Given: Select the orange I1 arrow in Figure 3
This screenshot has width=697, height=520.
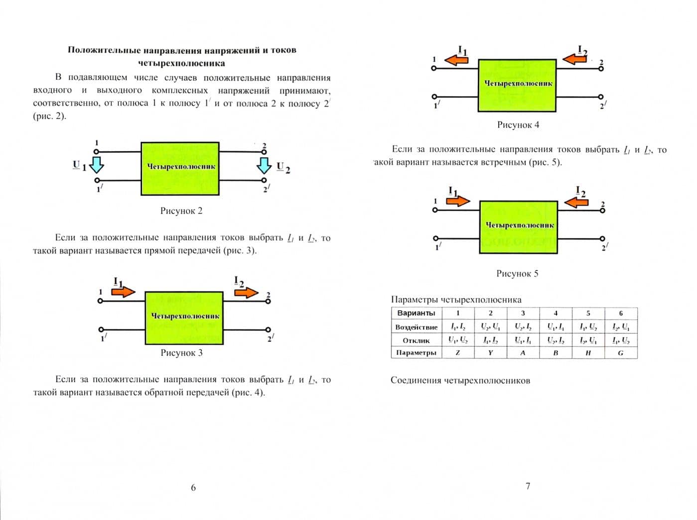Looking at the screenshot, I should tap(123, 291).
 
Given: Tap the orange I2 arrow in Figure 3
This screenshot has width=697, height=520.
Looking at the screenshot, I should tap(246, 292).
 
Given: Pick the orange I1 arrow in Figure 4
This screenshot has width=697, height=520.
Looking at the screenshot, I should tap(456, 60).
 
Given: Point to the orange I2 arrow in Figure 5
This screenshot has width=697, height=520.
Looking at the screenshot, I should tap(576, 202).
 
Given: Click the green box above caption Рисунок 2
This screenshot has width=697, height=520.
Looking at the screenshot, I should tap(180, 169).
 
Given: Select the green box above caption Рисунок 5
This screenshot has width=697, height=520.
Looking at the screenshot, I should tap(518, 227).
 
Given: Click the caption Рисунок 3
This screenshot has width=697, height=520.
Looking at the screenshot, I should tap(181, 353).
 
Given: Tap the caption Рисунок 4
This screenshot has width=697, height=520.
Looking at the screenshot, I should tap(518, 125).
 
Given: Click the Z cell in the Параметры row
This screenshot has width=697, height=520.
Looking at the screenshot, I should tap(457, 353).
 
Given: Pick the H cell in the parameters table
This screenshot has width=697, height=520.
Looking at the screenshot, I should tap(588, 353).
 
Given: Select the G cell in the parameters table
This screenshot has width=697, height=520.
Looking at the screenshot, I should tap(621, 353).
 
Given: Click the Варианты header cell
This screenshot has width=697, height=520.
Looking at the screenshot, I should tap(416, 313).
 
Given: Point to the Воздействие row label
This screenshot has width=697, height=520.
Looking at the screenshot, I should tap(416, 327).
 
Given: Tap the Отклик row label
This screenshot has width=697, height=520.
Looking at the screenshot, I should tap(416, 340).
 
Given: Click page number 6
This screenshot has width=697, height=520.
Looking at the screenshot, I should tap(193, 488).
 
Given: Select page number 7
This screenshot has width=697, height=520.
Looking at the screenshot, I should tap(528, 486).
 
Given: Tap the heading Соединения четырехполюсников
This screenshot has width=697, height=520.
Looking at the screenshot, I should tap(460, 381).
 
